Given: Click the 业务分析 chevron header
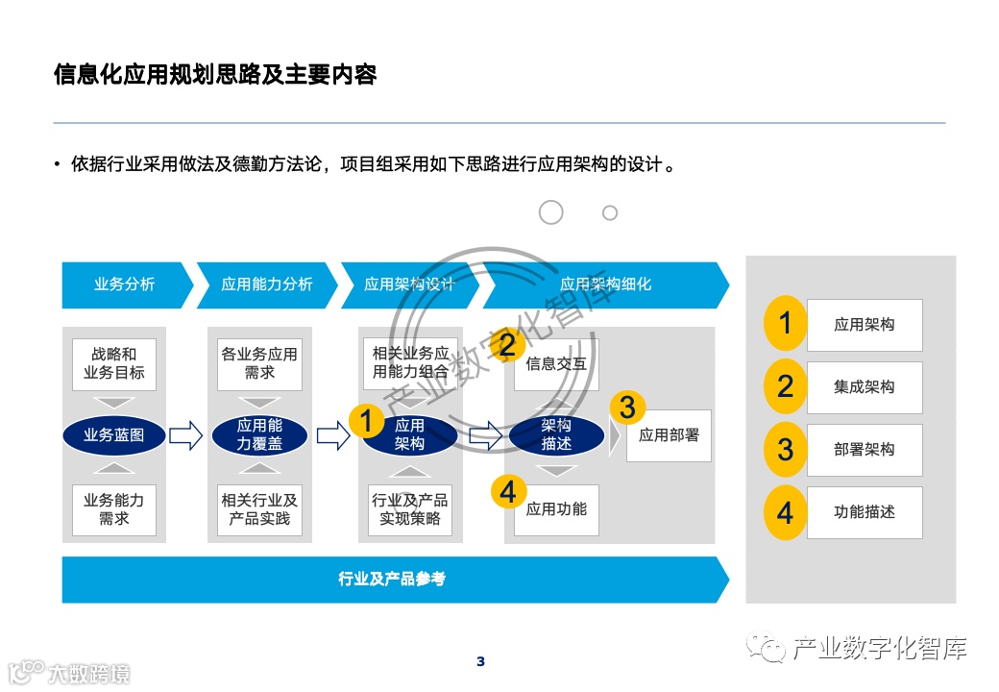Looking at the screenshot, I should pyautogui.click(x=124, y=284).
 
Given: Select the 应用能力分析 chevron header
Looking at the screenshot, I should pyautogui.click(x=266, y=284).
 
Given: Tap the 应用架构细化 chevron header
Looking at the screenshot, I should pyautogui.click(x=605, y=284).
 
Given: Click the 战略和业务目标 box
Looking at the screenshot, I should pyautogui.click(x=114, y=363).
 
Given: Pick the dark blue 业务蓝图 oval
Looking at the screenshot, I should pyautogui.click(x=114, y=435).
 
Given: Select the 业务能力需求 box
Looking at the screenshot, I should pyautogui.click(x=114, y=509).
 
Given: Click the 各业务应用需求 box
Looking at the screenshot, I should pyautogui.click(x=259, y=363).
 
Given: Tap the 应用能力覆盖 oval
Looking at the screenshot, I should pyautogui.click(x=259, y=435).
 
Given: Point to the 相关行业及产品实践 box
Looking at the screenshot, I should pyautogui.click(x=259, y=509).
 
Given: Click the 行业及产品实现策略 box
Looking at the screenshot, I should pyautogui.click(x=410, y=509).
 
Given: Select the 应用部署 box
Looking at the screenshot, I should pyautogui.click(x=670, y=435).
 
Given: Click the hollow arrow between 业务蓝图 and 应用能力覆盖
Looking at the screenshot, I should pyautogui.click(x=186, y=435).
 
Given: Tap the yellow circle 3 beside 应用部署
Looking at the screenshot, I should pyautogui.click(x=627, y=408).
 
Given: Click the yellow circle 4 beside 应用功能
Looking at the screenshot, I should pyautogui.click(x=508, y=492).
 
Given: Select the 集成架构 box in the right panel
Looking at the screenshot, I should pyautogui.click(x=865, y=387).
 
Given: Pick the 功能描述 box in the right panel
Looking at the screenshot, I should pyautogui.click(x=865, y=512).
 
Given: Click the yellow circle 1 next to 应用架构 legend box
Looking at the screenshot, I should pyautogui.click(x=786, y=323).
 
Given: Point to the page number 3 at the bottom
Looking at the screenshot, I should pyautogui.click(x=481, y=661).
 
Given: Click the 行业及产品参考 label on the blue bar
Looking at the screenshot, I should pyautogui.click(x=392, y=580).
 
